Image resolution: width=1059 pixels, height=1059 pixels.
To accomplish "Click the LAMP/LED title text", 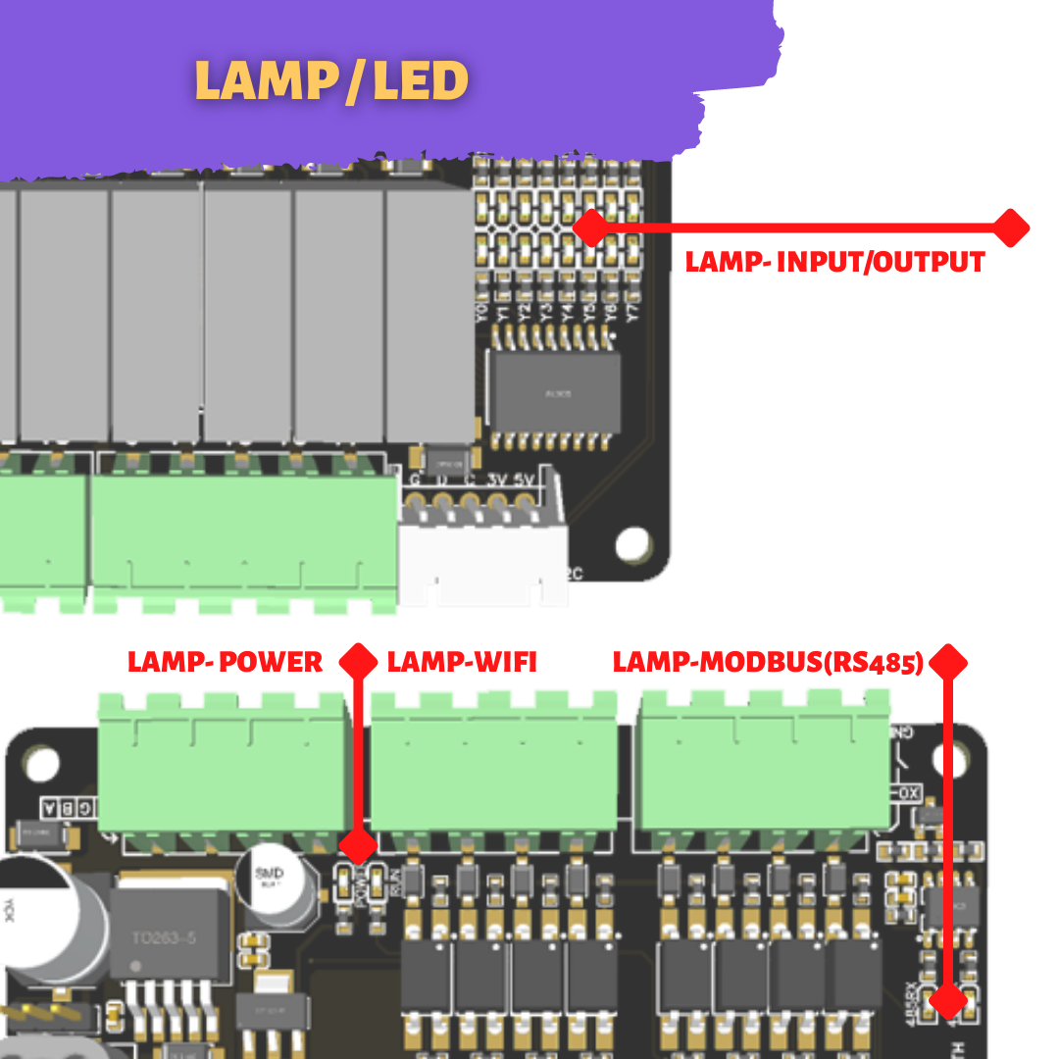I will (331, 81).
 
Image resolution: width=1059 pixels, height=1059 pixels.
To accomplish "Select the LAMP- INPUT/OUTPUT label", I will (834, 262).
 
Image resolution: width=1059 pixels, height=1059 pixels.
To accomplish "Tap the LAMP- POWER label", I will (225, 662).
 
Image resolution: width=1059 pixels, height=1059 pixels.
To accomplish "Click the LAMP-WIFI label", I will (462, 662).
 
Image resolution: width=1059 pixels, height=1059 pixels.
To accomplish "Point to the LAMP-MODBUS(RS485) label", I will (768, 662).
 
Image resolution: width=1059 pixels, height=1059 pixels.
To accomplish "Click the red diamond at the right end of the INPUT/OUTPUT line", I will (1010, 227).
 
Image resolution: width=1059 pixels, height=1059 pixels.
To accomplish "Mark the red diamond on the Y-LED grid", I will (591, 227).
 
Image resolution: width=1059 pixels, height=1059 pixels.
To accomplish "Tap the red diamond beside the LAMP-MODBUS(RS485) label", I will (948, 663).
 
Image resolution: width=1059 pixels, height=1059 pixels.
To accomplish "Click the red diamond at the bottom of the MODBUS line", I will (948, 1000).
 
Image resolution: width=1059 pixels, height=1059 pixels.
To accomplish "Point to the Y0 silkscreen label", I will (480, 313).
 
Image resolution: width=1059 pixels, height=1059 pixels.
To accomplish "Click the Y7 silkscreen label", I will (632, 313).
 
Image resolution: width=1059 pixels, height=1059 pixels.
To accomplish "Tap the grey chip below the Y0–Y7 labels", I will (556, 392).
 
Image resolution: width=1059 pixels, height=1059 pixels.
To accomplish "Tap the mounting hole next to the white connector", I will (633, 542).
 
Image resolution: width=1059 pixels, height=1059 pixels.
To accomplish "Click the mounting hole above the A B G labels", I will (42, 763).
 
